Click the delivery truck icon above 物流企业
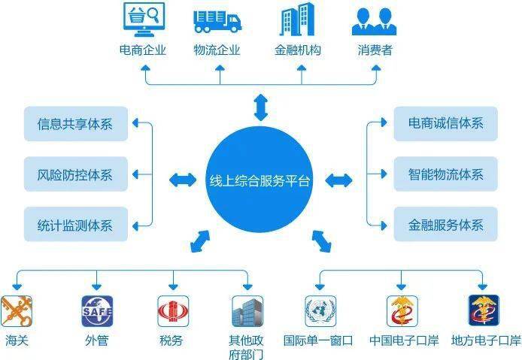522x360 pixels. tap(217, 21)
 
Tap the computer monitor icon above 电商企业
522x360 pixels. tap(144, 20)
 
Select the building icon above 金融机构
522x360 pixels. tap(297, 19)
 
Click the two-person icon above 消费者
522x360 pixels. tap(374, 21)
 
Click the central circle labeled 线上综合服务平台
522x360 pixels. tap(259, 180)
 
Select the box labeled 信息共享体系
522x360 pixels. tap(76, 124)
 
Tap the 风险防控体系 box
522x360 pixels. tap(76, 174)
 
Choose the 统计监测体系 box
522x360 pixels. tap(76, 224)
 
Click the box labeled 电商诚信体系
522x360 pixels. tap(446, 124)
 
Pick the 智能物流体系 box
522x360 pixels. tap(446, 174)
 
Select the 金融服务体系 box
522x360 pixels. tap(446, 224)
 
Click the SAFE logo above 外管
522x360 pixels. tap(97, 311)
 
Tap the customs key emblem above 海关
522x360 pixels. tap(17, 311)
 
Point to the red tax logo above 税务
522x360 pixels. tap(173, 311)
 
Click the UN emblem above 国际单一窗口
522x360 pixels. tap(320, 311)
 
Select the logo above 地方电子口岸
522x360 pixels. tap(484, 310)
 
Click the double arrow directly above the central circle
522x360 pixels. tap(261, 107)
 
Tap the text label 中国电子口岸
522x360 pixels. tap(404, 340)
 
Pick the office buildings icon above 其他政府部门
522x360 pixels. tap(247, 311)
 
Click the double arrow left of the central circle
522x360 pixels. tap(183, 180)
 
